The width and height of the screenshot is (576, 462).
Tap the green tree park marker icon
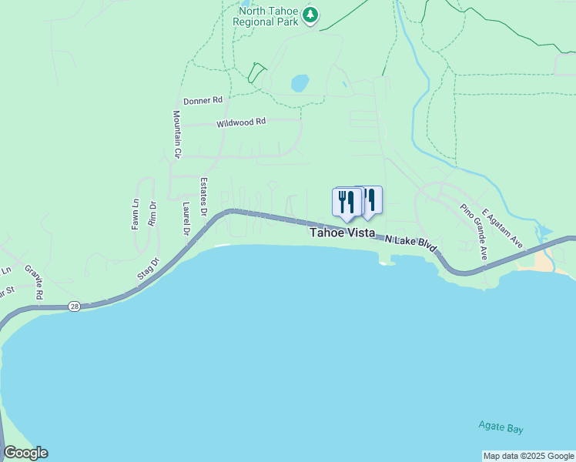point(310,15)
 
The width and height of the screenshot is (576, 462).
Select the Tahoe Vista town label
point(343,233)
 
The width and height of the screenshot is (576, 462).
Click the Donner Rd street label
point(203,101)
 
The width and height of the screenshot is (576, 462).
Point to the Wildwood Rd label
point(241,122)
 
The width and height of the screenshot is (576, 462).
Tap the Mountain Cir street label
point(176,134)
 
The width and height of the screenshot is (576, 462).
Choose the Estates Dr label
point(204,196)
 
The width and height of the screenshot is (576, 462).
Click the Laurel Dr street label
point(186,218)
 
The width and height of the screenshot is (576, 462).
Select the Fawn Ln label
point(135,214)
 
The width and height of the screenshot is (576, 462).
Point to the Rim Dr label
point(152,213)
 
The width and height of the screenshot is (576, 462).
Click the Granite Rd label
point(34,283)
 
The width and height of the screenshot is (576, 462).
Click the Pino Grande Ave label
point(474,231)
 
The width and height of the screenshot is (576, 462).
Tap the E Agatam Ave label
point(502,229)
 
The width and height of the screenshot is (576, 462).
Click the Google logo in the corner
point(25,453)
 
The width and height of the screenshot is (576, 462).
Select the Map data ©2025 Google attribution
point(528,456)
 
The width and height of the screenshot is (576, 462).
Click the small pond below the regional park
point(300,82)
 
